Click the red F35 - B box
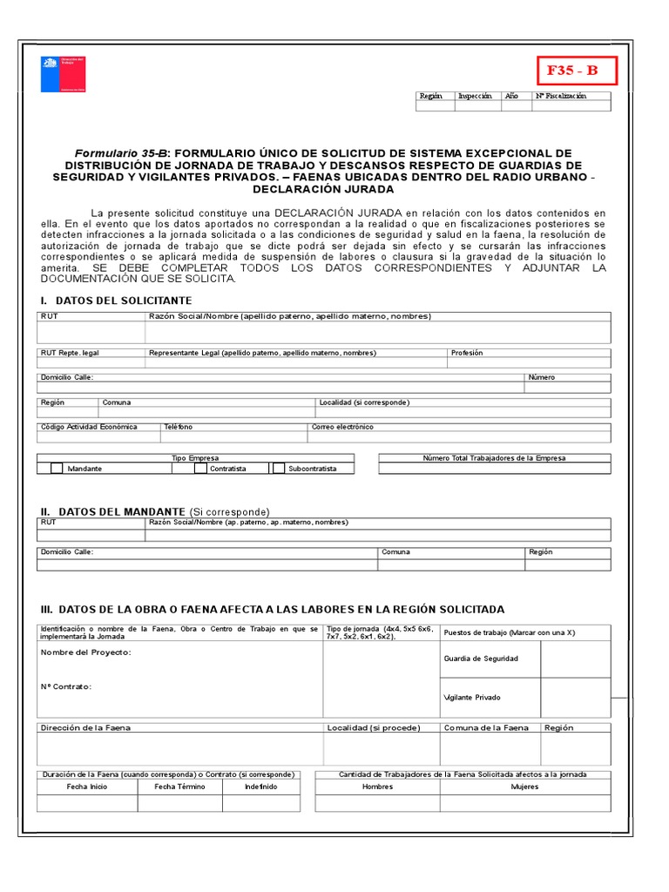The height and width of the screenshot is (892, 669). pyautogui.click(x=571, y=71)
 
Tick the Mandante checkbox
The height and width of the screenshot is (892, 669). pyautogui.click(x=57, y=469)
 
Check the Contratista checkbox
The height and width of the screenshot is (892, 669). pyautogui.click(x=200, y=469)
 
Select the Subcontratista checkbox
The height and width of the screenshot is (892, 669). pyautogui.click(x=279, y=469)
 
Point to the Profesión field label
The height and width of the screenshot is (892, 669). pyautogui.click(x=467, y=353)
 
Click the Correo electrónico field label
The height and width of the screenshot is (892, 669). pyautogui.click(x=342, y=427)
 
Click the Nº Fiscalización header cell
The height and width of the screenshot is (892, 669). pyautogui.click(x=560, y=96)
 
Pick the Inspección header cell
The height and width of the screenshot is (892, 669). pyautogui.click(x=475, y=96)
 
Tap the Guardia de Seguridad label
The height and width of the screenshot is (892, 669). pyautogui.click(x=481, y=659)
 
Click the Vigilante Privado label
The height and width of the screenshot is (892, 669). pyautogui.click(x=472, y=698)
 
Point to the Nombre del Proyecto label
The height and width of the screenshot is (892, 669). pyautogui.click(x=86, y=652)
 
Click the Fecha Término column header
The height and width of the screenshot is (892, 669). pyautogui.click(x=179, y=787)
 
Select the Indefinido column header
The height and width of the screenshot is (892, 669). pyautogui.click(x=260, y=787)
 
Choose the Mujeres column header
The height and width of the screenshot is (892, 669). pyautogui.click(x=524, y=787)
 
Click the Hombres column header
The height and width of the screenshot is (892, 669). pyautogui.click(x=377, y=787)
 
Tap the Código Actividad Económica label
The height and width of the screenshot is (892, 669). pyautogui.click(x=89, y=427)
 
